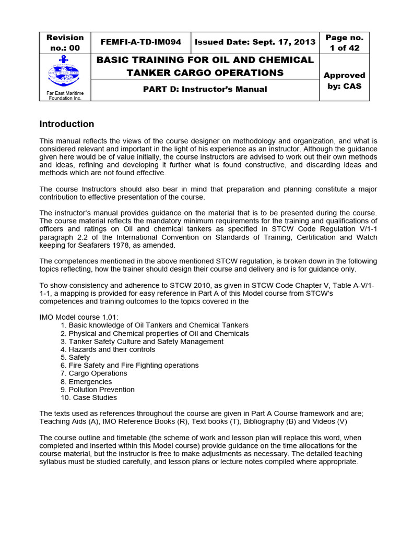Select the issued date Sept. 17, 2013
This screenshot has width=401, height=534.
coord(255,42)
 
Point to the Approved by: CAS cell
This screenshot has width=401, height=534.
coord(345,80)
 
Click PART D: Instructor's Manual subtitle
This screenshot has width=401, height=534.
coord(205,89)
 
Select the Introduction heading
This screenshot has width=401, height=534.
coord(67,124)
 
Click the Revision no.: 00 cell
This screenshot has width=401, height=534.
coord(65,42)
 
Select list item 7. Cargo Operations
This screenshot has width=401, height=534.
coord(93,373)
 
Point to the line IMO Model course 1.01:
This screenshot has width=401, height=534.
coord(79,317)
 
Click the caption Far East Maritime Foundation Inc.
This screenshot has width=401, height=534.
coord(65,95)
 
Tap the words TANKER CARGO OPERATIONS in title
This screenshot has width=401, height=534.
coord(205,72)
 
